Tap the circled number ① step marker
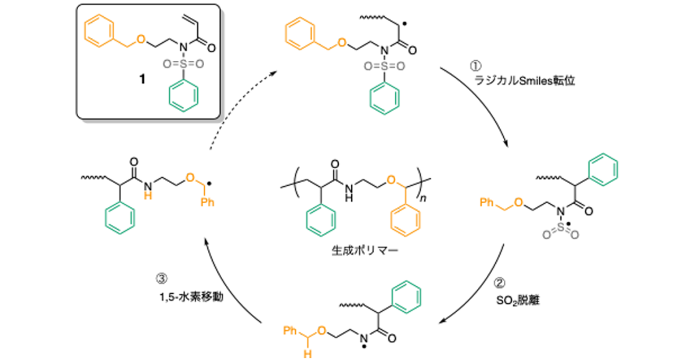click(475, 66)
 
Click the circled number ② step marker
click(499, 283)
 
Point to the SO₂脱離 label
click(518, 301)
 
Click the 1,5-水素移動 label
click(192, 296)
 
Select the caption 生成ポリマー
click(365, 251)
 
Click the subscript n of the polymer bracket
click(423, 198)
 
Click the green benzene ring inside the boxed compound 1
click(183, 96)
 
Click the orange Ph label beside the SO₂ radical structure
click(486, 202)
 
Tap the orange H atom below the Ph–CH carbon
click(307, 354)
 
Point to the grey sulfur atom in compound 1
click(183, 65)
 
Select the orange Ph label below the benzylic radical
click(207, 202)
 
